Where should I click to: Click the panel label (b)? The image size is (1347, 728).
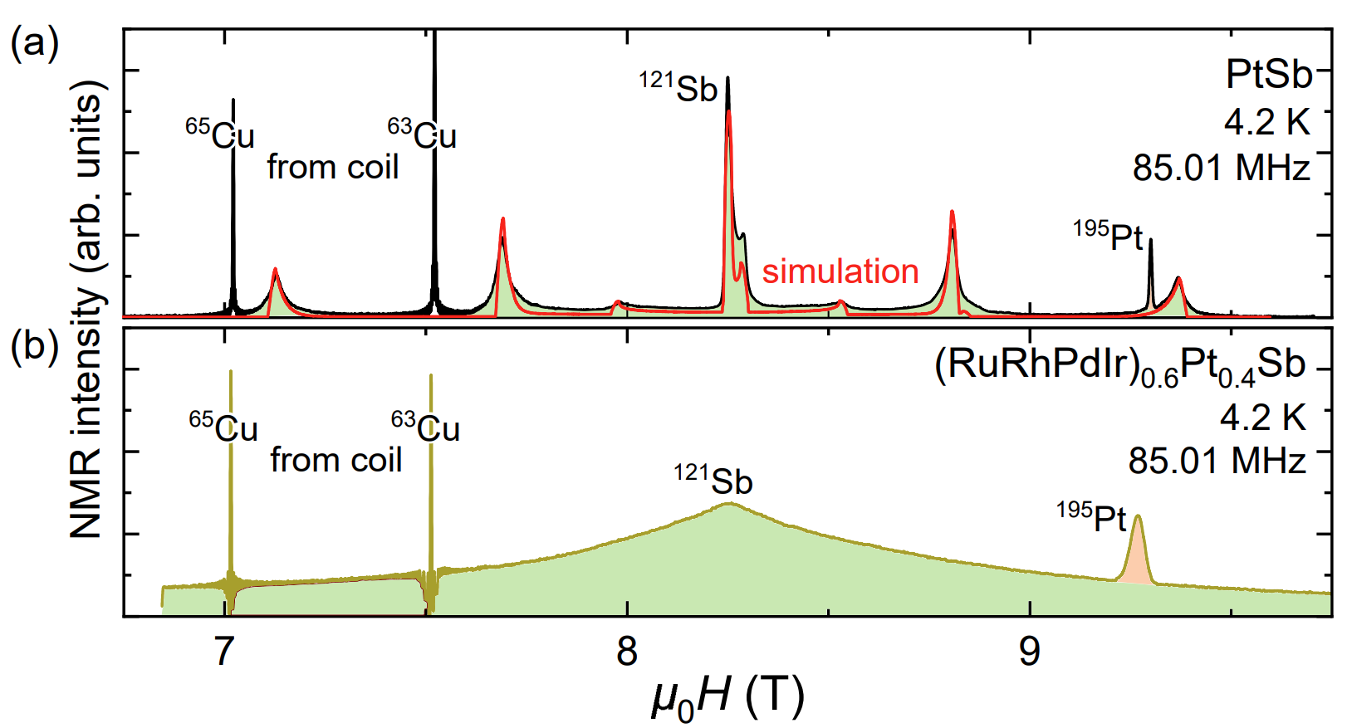pyautogui.click(x=34, y=345)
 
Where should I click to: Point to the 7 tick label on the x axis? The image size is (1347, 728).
pyautogui.click(x=224, y=652)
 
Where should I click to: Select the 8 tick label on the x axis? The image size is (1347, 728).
pyautogui.click(x=627, y=652)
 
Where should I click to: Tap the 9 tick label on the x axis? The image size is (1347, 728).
pyautogui.click(x=1029, y=652)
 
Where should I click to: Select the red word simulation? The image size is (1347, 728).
pyautogui.click(x=840, y=271)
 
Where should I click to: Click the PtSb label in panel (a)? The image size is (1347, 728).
pyautogui.click(x=1267, y=75)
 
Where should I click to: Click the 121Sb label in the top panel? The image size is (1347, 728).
pyautogui.click(x=678, y=87)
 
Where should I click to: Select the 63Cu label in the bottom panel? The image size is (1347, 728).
pyautogui.click(x=426, y=428)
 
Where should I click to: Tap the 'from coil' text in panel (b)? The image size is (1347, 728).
pyautogui.click(x=336, y=460)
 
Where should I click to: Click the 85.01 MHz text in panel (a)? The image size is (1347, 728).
pyautogui.click(x=1221, y=169)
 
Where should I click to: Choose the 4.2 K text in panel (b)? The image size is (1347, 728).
pyautogui.click(x=1262, y=417)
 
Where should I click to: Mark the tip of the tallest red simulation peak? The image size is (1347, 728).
pyautogui.click(x=728, y=111)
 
